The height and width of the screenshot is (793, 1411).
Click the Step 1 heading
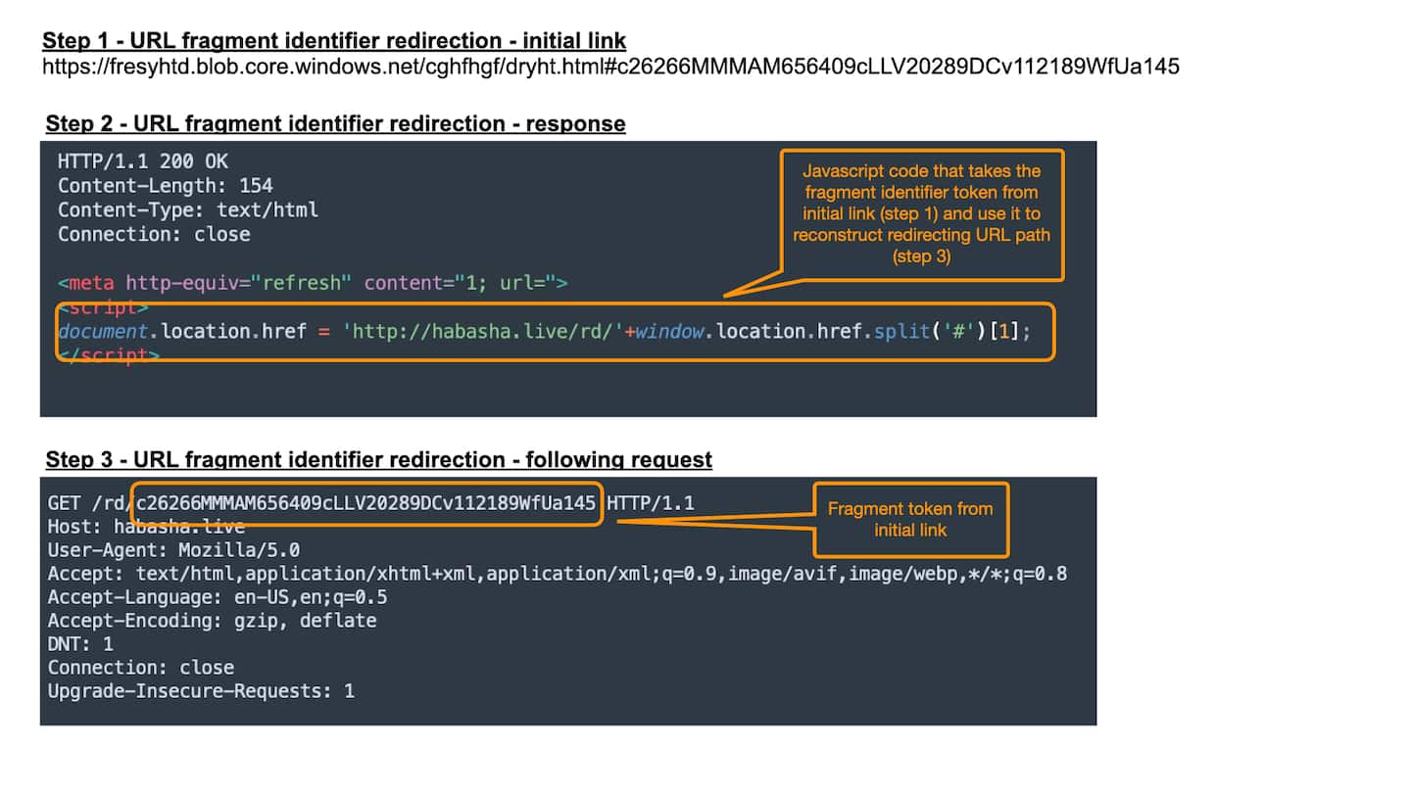(334, 41)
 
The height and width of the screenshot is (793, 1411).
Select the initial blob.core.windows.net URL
(610, 67)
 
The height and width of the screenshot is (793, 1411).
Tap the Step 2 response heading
(335, 123)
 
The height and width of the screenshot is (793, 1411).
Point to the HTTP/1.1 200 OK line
(143, 162)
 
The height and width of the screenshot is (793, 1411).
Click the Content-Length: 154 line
(165, 186)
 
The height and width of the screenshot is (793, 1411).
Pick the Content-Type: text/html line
(187, 210)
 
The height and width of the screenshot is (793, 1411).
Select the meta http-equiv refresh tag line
(313, 284)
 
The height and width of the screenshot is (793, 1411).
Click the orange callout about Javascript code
(921, 213)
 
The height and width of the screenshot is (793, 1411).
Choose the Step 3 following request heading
(378, 459)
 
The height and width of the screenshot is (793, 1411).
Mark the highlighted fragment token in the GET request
(366, 504)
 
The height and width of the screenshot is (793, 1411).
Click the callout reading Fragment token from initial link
(910, 519)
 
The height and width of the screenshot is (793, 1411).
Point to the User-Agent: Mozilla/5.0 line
(173, 550)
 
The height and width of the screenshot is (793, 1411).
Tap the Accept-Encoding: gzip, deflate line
(212, 621)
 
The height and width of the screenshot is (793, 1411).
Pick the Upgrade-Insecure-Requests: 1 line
(201, 691)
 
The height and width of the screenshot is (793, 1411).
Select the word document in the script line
(103, 332)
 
